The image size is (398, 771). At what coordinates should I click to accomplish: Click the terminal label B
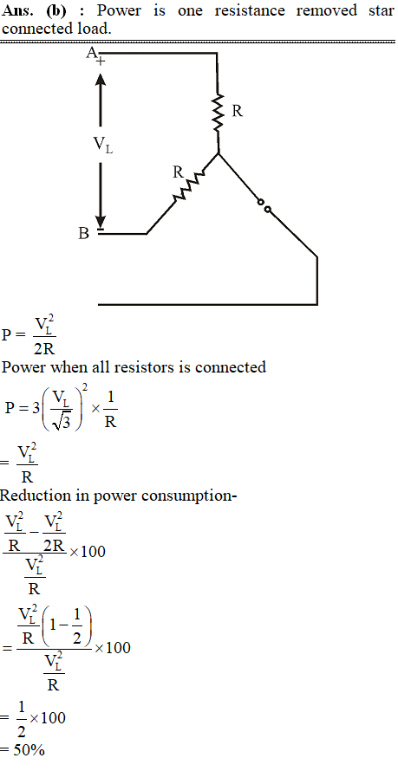click(84, 234)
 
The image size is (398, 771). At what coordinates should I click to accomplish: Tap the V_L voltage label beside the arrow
click(103, 145)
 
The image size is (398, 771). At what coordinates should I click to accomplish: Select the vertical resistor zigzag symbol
click(217, 113)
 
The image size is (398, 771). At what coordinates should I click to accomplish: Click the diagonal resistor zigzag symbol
click(187, 186)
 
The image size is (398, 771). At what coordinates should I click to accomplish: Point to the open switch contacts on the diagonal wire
click(264, 206)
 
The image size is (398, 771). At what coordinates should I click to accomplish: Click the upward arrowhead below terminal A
click(100, 81)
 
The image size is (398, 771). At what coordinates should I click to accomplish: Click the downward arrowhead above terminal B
click(100, 221)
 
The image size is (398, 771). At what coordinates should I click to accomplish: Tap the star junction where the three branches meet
click(218, 153)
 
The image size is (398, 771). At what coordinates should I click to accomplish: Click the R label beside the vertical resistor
click(237, 112)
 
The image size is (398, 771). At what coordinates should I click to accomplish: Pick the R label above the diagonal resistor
click(178, 172)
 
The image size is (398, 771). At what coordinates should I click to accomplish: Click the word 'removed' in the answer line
click(327, 10)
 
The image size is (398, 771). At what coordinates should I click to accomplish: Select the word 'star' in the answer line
click(382, 10)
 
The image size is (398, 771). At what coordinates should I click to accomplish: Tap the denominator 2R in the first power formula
click(44, 348)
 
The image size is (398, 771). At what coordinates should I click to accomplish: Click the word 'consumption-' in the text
click(189, 496)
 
